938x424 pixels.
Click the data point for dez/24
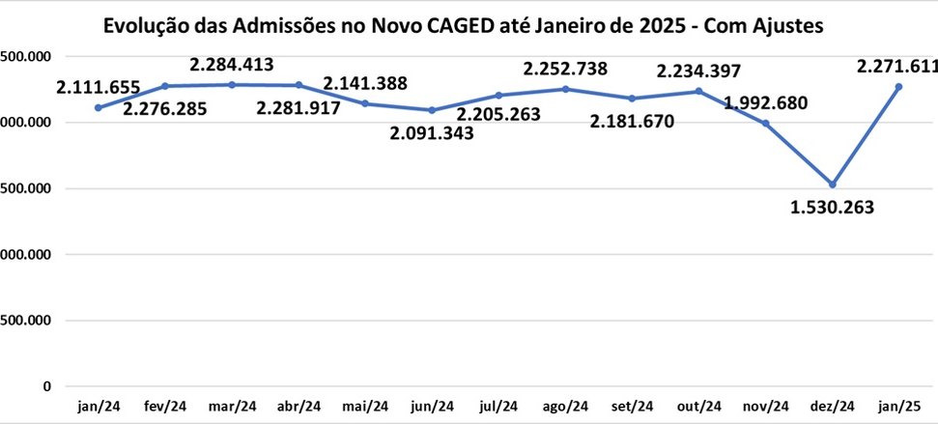point(832,184)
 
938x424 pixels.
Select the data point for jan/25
point(898,87)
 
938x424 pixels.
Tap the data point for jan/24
point(99,107)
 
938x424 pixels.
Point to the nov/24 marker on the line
point(765,124)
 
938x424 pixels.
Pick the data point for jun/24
point(432,110)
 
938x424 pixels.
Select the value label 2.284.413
point(232,66)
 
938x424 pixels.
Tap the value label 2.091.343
point(433,133)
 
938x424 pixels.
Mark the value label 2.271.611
point(897,66)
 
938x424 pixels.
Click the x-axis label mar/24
point(232,407)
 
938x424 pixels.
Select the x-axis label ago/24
point(565,407)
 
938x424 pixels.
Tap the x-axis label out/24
point(698,407)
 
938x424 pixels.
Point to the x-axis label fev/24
point(165,407)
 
